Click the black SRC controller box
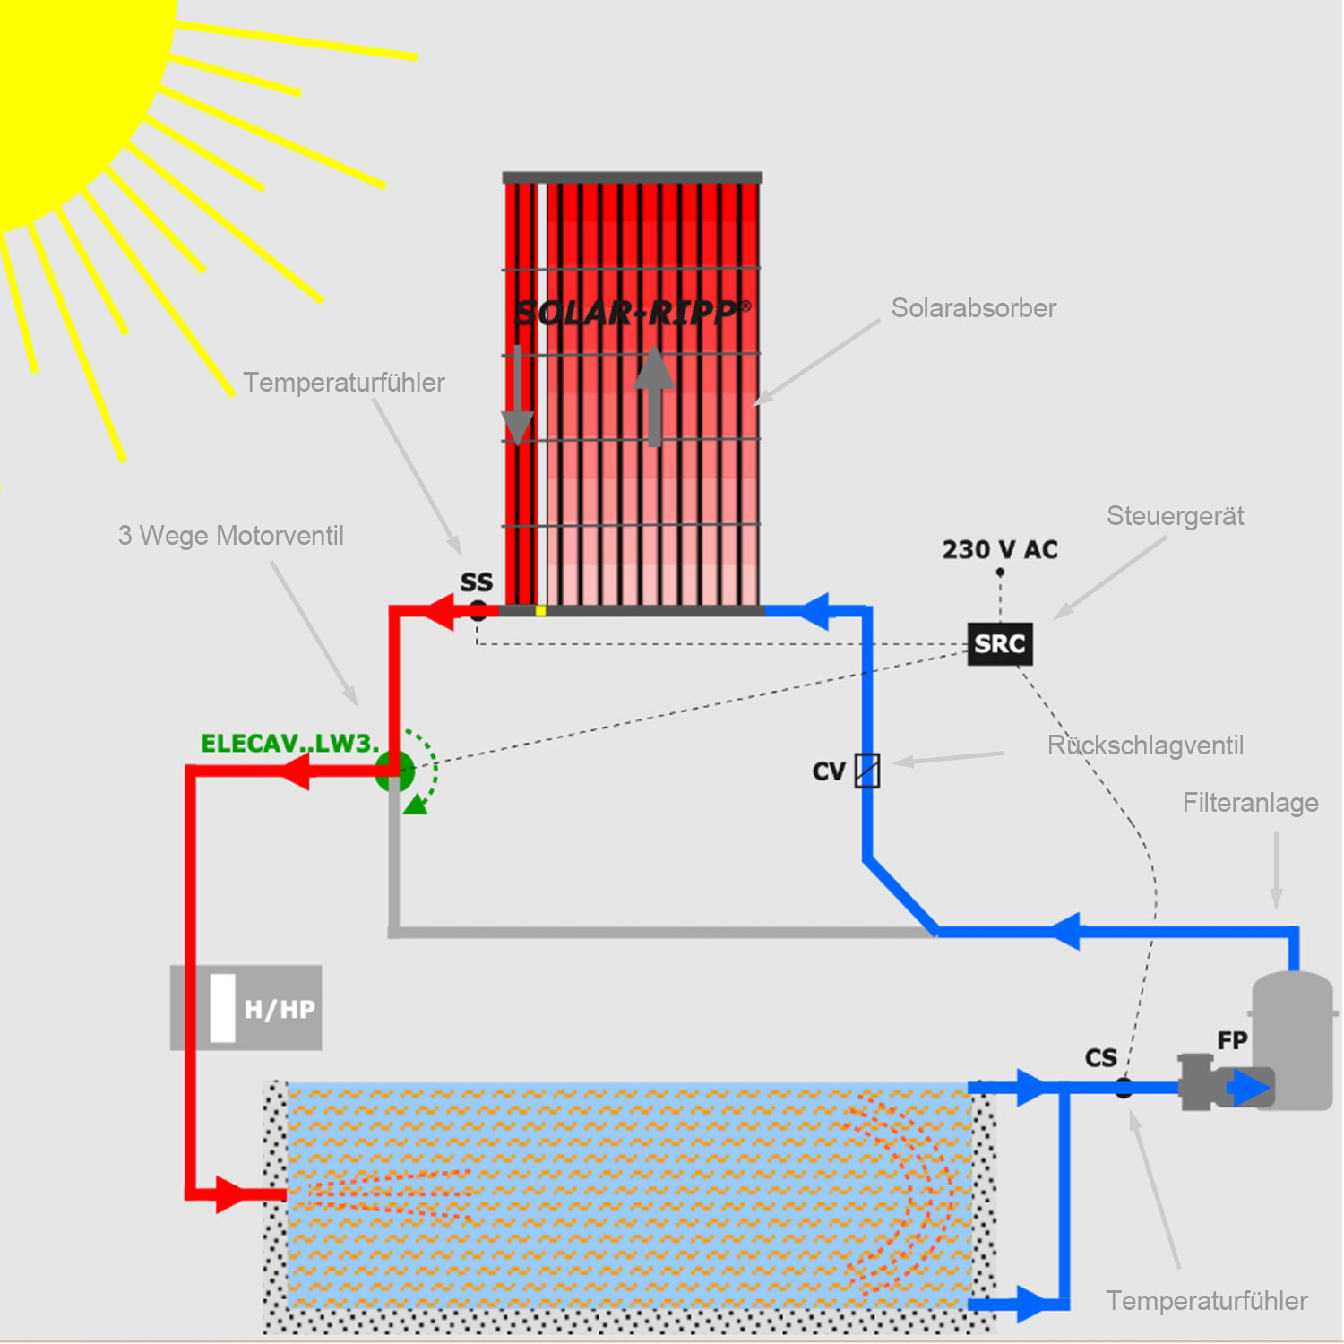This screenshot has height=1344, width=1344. point(999,644)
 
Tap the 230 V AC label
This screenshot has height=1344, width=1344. point(999,549)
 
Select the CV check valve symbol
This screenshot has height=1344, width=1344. point(866,771)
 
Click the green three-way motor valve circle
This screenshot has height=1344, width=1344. point(395,771)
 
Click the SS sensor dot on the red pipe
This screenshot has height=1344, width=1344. point(478,612)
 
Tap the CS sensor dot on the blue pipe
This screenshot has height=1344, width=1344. point(1124,1088)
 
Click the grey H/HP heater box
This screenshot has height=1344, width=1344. point(246,1008)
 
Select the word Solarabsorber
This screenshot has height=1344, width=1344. point(973,308)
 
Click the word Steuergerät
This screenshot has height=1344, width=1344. point(1175,516)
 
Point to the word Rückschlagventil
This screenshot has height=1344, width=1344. point(1145,745)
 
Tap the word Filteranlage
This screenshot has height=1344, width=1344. point(1250,803)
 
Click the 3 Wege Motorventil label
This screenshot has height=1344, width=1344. point(230,536)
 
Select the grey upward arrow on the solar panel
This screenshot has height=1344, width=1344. point(654,394)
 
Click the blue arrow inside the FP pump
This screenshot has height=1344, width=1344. point(1247,1088)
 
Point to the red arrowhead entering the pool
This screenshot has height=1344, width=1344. point(230,1194)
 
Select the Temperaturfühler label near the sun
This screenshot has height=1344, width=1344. point(344,383)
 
